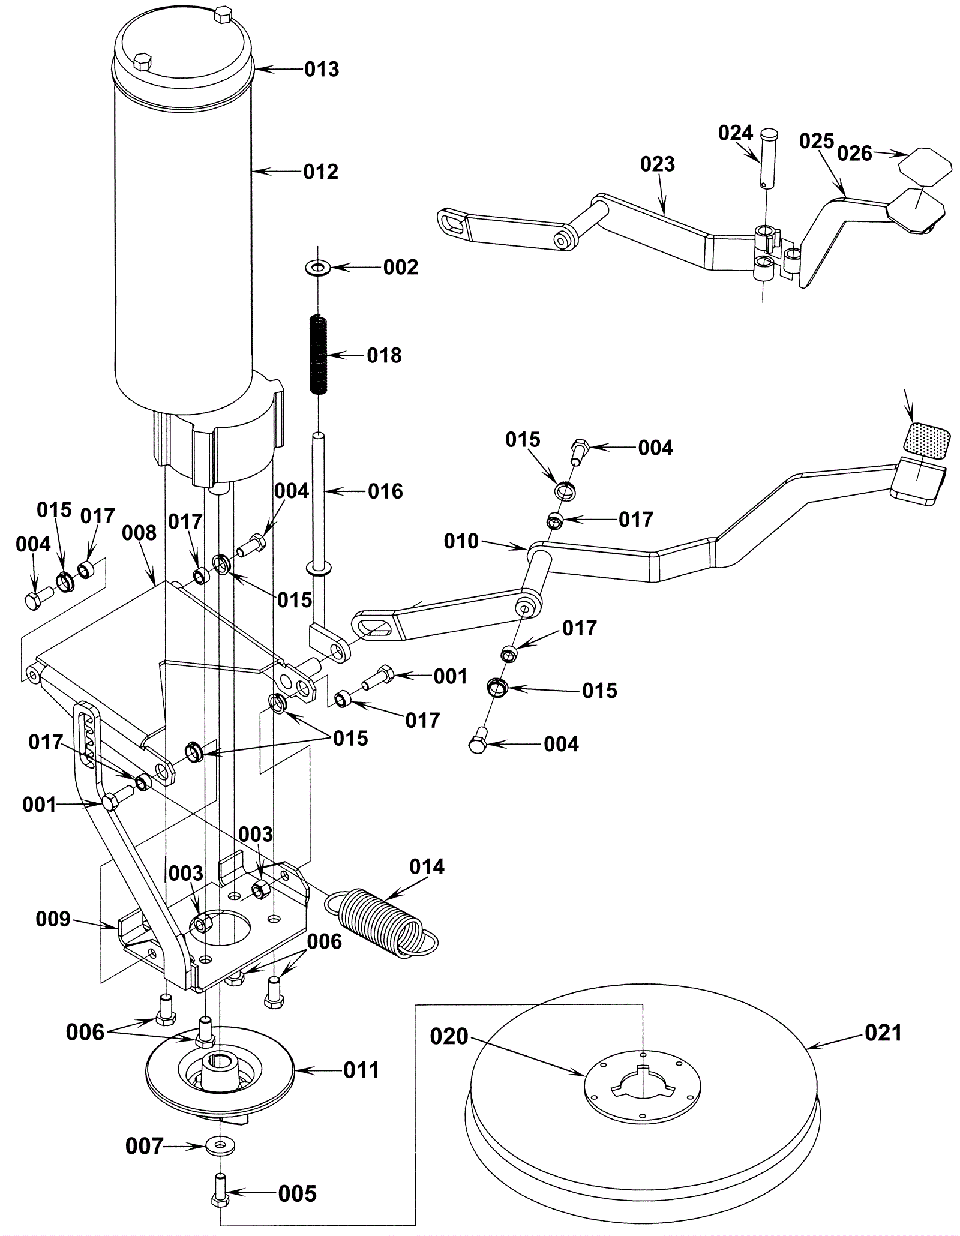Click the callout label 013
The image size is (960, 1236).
click(x=322, y=70)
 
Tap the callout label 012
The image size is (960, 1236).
click(x=321, y=172)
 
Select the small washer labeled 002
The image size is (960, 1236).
click(x=318, y=266)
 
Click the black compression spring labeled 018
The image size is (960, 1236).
click(x=319, y=355)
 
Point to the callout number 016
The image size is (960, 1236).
click(x=385, y=491)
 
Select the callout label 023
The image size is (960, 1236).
click(x=658, y=164)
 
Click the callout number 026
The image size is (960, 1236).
click(x=854, y=154)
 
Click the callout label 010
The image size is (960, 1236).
click(x=461, y=541)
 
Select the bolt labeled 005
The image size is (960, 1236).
click(x=218, y=1190)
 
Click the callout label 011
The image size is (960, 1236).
click(x=361, y=1070)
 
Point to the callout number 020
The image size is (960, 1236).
click(x=449, y=1036)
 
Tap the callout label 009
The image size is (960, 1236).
click(x=53, y=919)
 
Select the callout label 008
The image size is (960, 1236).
click(x=139, y=533)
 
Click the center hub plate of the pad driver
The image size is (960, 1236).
click(x=642, y=1087)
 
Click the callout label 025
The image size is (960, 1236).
click(x=817, y=142)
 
